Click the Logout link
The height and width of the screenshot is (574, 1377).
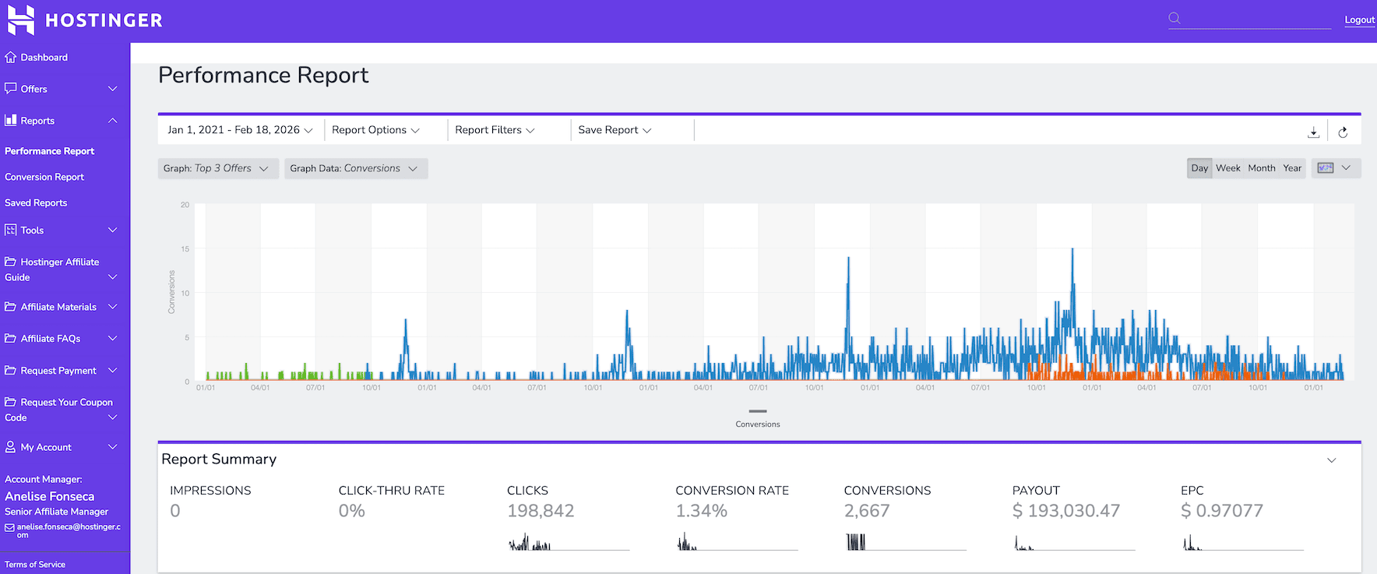(x=1359, y=19)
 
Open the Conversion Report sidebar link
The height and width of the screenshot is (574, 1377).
(x=44, y=177)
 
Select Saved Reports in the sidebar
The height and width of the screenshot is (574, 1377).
(x=36, y=202)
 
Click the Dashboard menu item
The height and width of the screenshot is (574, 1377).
(x=44, y=58)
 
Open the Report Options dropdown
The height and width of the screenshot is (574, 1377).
(x=375, y=130)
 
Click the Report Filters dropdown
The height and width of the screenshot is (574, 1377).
(x=495, y=130)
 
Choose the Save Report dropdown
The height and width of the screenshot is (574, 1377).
(x=615, y=130)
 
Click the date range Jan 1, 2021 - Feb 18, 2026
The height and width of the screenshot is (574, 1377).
(x=240, y=130)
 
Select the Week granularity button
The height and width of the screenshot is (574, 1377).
(x=1227, y=168)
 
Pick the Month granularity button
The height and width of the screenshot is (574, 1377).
(x=1261, y=168)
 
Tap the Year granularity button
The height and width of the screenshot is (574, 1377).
(x=1292, y=168)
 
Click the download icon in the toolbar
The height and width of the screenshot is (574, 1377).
(x=1313, y=132)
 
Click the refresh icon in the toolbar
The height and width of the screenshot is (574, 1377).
(x=1343, y=132)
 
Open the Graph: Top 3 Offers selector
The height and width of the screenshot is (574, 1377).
(x=216, y=168)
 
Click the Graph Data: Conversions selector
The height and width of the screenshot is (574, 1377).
(x=354, y=168)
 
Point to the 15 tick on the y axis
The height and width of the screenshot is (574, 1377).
(x=185, y=249)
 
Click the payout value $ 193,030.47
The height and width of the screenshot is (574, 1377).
(x=1065, y=511)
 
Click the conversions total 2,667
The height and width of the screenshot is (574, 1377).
(x=866, y=511)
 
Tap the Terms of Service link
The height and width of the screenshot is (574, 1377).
(x=35, y=565)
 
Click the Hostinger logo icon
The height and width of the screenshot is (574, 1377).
(x=21, y=19)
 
